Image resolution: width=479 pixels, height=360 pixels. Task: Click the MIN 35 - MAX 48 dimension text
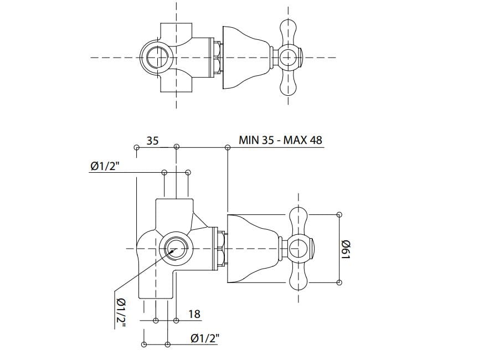point(280,140)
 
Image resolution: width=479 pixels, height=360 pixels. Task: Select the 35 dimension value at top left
point(152,141)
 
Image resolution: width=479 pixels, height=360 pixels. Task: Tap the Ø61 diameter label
point(346,249)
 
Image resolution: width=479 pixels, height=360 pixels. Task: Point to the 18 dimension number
point(194,313)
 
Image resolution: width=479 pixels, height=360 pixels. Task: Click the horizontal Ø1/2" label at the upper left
point(105,166)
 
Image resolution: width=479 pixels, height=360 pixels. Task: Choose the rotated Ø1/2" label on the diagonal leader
point(121,312)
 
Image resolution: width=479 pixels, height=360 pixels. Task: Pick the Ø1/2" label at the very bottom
point(205,338)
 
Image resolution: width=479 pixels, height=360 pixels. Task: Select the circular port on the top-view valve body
point(156,57)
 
